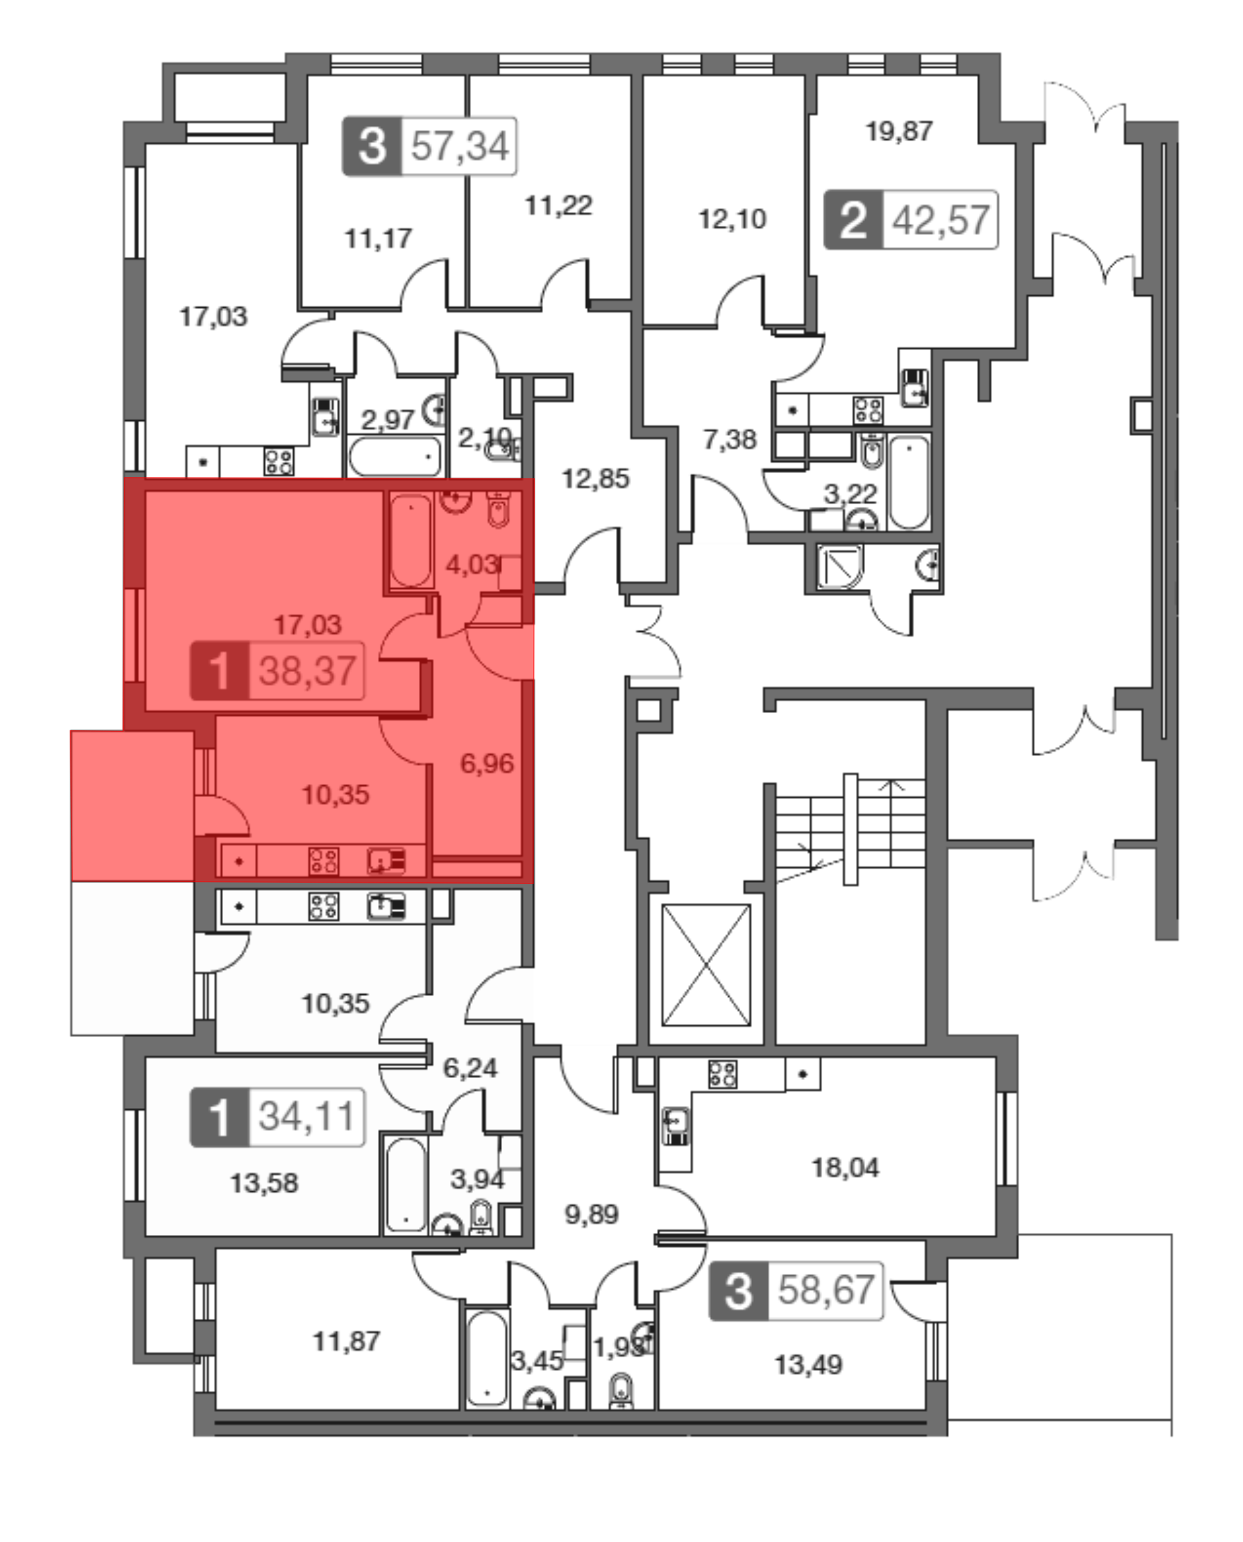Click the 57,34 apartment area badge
point(429,146)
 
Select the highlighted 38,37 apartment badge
point(277,671)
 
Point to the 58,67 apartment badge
point(796,1291)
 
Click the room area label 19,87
point(899,131)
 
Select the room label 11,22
point(559,206)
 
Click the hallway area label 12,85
point(596,478)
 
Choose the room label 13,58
point(264,1183)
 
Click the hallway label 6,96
point(487,764)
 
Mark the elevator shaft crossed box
point(706,965)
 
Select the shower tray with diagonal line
point(841,566)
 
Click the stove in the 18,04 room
point(722,1074)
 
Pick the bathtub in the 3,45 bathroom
point(487,1357)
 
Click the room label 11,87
point(347,1341)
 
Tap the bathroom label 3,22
point(850,494)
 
